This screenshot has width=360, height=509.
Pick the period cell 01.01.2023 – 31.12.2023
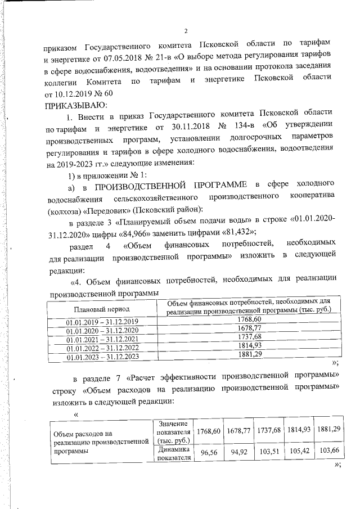tap(102, 357)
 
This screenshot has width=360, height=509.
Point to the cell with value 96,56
tap(209, 452)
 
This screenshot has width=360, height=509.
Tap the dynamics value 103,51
tap(269, 451)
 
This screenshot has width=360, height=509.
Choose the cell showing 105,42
tap(298, 451)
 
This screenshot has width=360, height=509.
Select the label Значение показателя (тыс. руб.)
tap(173, 431)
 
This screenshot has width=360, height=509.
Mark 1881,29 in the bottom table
tap(328, 430)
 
